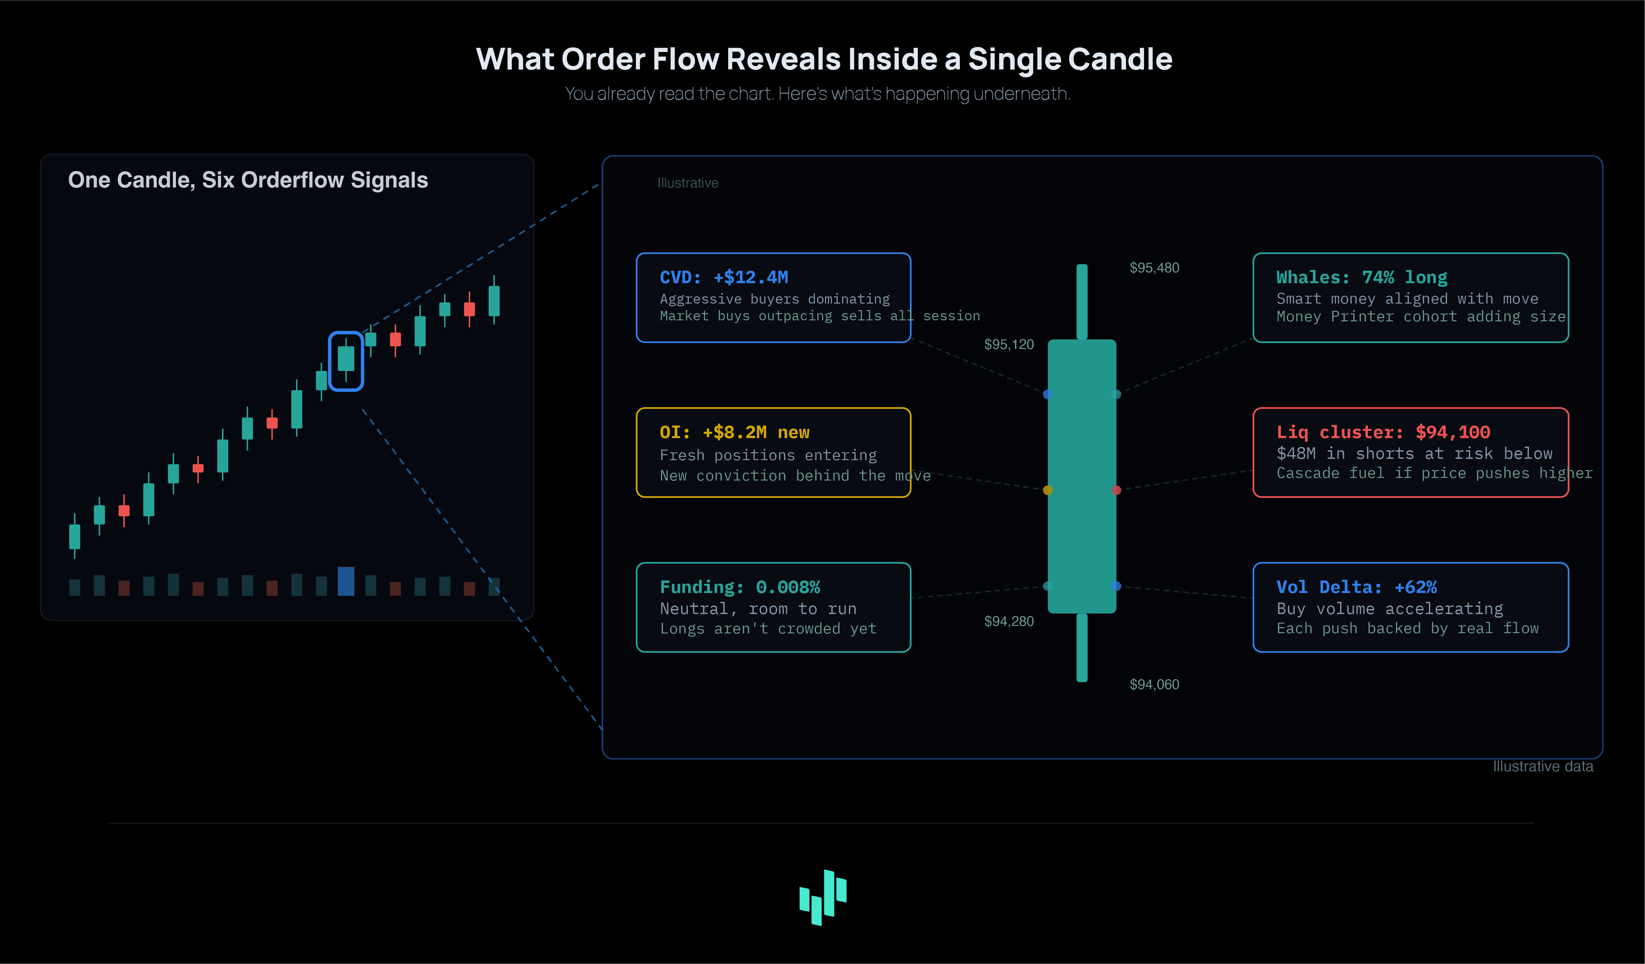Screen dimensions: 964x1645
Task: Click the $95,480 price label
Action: tap(1154, 268)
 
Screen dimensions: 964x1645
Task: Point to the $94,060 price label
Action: tap(1154, 684)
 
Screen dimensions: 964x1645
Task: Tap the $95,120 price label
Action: tap(1009, 344)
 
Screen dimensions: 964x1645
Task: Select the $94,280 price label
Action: tap(1009, 621)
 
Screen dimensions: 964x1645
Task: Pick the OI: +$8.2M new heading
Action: tap(735, 432)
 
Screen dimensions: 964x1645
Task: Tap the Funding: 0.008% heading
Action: tap(739, 587)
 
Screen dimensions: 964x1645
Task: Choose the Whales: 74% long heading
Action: tap(1362, 277)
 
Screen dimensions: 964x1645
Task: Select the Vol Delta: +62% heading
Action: tap(1357, 587)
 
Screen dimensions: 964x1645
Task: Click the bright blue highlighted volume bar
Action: tap(346, 581)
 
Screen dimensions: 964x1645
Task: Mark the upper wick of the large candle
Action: tap(1082, 302)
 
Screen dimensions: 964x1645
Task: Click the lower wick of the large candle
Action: tap(1082, 648)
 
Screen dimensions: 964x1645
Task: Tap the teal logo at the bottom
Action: tap(823, 897)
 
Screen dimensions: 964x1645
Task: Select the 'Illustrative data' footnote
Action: tap(1542, 766)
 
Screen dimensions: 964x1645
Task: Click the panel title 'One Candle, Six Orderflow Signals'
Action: tap(248, 180)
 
